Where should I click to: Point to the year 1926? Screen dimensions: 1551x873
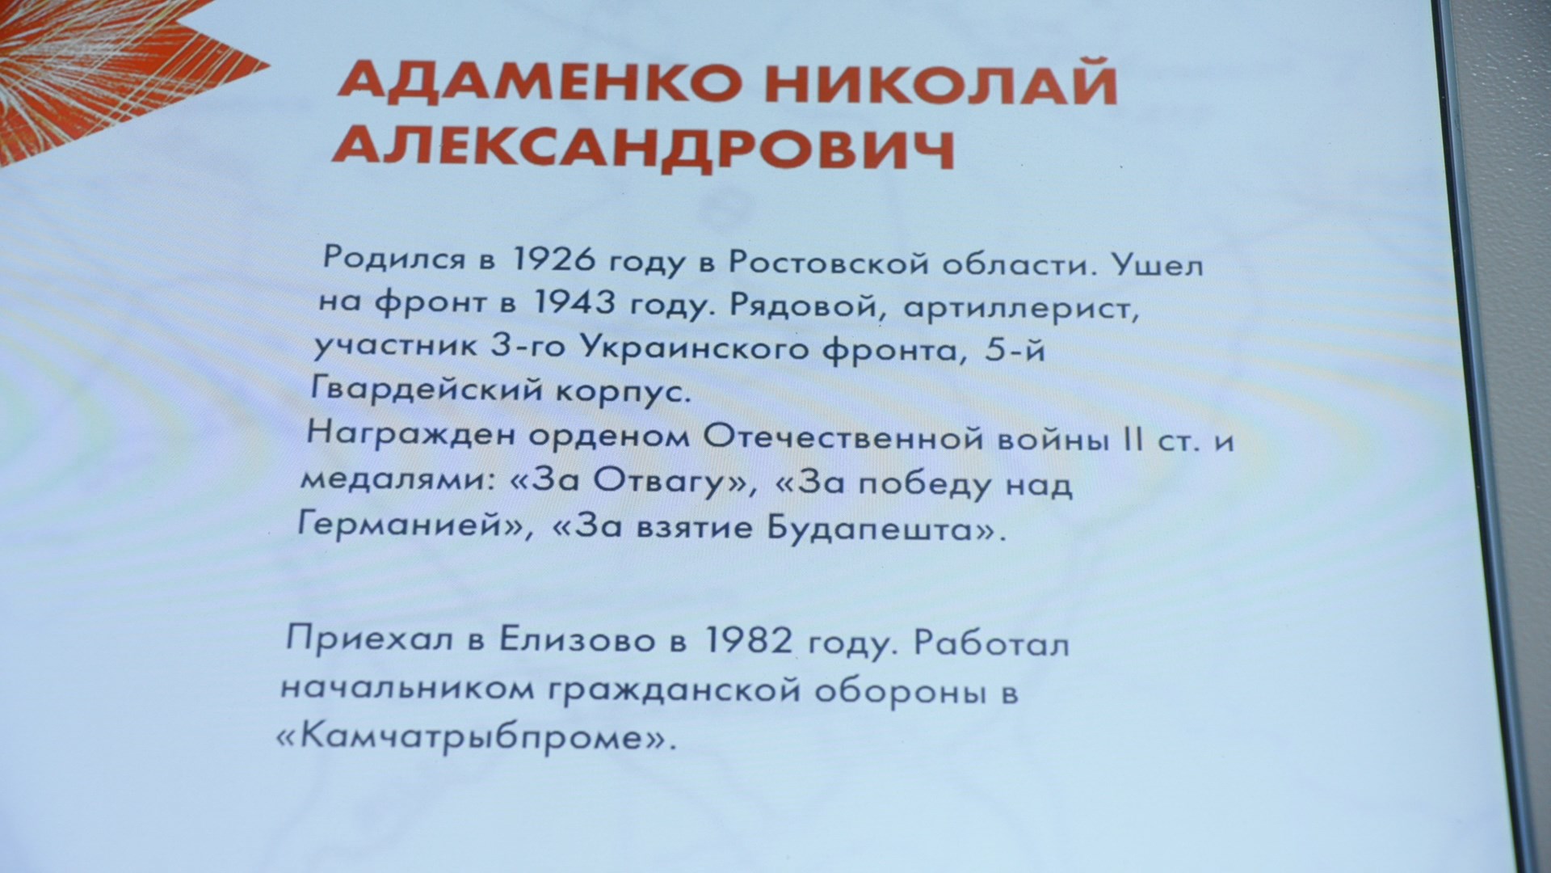555,260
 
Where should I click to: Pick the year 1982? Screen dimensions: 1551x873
748,641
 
